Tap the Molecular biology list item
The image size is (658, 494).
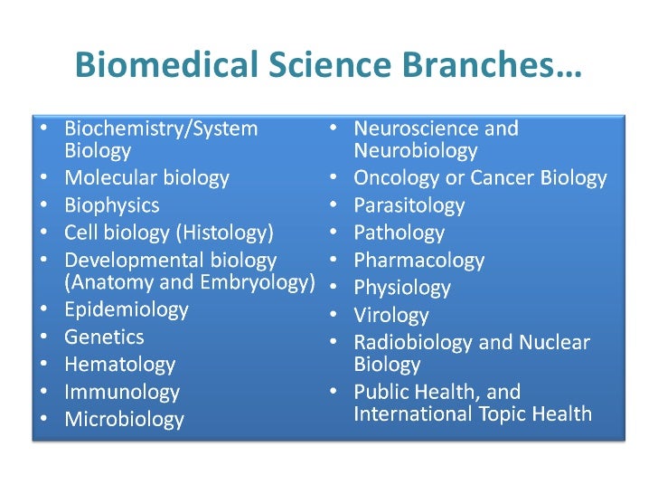146,178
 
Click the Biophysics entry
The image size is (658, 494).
111,205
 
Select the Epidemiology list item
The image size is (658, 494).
126,309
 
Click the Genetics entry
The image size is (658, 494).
104,337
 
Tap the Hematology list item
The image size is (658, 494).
119,365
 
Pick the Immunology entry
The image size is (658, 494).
122,392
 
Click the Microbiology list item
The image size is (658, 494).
124,419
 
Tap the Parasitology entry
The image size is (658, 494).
409,205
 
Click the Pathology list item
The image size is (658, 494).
399,233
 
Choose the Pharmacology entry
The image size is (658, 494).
418,261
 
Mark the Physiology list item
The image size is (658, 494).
401,288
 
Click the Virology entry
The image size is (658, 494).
390,316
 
